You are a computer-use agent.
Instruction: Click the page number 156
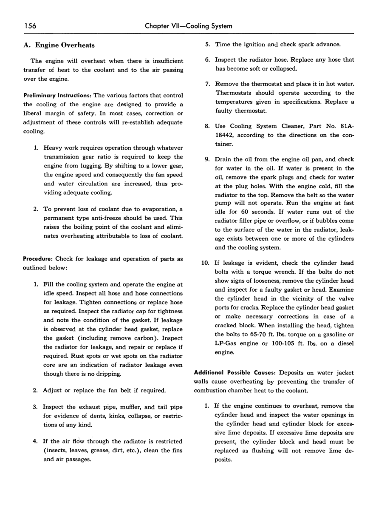[29, 26]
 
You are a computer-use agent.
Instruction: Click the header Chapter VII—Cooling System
[189, 26]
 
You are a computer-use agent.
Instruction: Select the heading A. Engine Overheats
[59, 45]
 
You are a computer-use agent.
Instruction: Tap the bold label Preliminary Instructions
[57, 96]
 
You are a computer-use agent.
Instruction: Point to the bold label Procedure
[38, 259]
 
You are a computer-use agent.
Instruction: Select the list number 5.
[207, 45]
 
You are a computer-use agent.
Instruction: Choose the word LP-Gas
[225, 343]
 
